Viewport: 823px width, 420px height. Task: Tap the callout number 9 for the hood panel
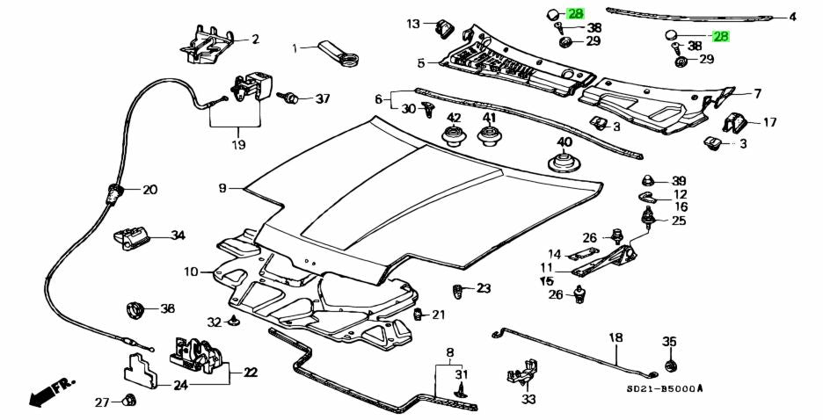click(223, 188)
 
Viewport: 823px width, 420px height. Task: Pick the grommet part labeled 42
click(454, 137)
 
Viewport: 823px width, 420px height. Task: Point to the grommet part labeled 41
click(489, 137)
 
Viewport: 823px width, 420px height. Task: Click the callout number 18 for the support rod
click(615, 337)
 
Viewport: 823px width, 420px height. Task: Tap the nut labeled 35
click(670, 365)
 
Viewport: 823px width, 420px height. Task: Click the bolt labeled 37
click(288, 98)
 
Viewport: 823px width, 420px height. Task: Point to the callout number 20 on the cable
click(149, 190)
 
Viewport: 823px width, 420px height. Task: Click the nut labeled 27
click(125, 402)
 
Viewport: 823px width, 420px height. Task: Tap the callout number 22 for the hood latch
click(251, 373)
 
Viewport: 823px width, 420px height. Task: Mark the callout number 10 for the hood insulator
click(192, 272)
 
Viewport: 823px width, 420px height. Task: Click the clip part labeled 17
click(734, 124)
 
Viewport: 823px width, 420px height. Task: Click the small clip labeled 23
click(459, 290)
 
